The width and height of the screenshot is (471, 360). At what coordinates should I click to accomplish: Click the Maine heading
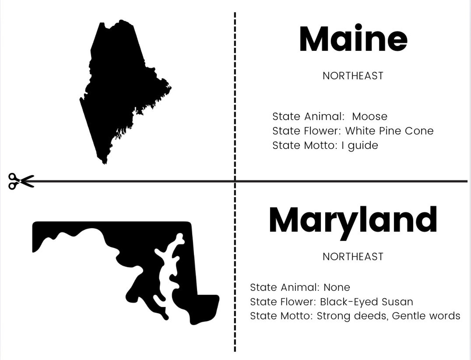(x=353, y=39)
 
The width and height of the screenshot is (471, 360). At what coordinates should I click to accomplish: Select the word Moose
(x=370, y=117)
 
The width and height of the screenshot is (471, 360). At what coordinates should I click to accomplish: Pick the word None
(x=337, y=287)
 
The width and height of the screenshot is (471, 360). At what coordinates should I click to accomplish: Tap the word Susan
(x=397, y=302)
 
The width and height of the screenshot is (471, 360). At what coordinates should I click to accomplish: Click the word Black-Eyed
(x=349, y=302)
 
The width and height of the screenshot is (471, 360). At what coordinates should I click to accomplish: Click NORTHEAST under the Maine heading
(x=353, y=76)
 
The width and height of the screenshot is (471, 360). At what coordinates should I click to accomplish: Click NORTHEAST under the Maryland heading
(x=353, y=257)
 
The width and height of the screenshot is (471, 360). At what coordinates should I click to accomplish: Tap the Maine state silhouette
(x=116, y=89)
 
